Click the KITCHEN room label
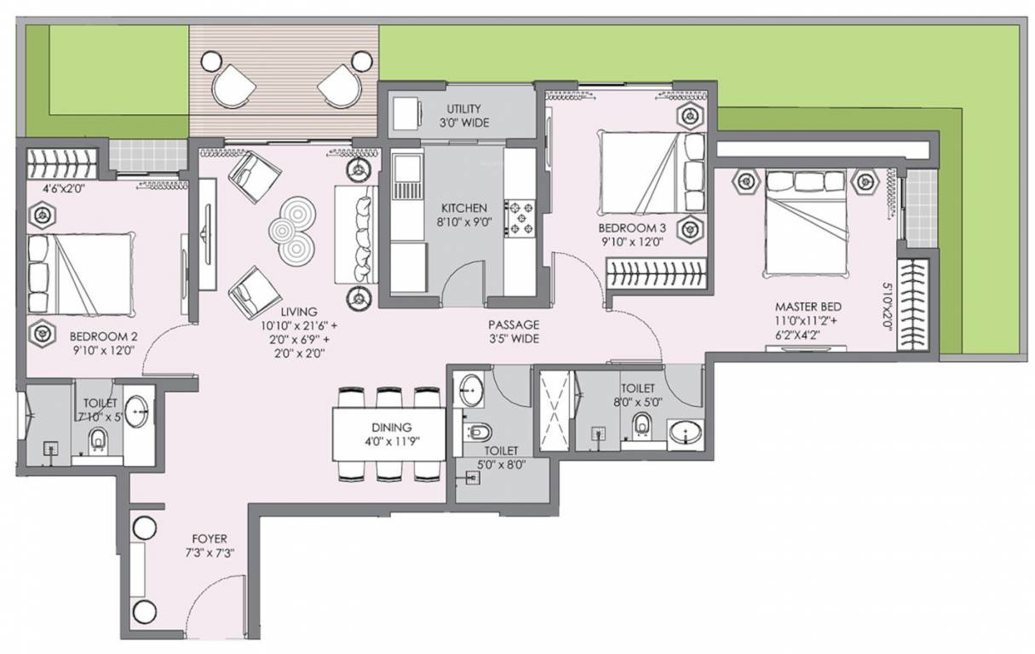[464, 208]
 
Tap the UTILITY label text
[463, 109]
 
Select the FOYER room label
[210, 538]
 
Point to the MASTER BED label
[808, 307]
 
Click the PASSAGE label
[514, 324]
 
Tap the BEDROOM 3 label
[632, 227]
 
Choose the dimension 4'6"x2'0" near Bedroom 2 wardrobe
[63, 188]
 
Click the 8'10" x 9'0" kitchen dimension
[464, 222]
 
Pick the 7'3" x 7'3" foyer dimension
[210, 553]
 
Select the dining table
[389, 434]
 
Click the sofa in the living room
[356, 235]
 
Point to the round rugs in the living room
[293, 231]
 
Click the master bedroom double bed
[807, 224]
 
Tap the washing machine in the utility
[407, 113]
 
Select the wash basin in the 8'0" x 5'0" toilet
[686, 435]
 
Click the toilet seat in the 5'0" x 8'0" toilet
[479, 433]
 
